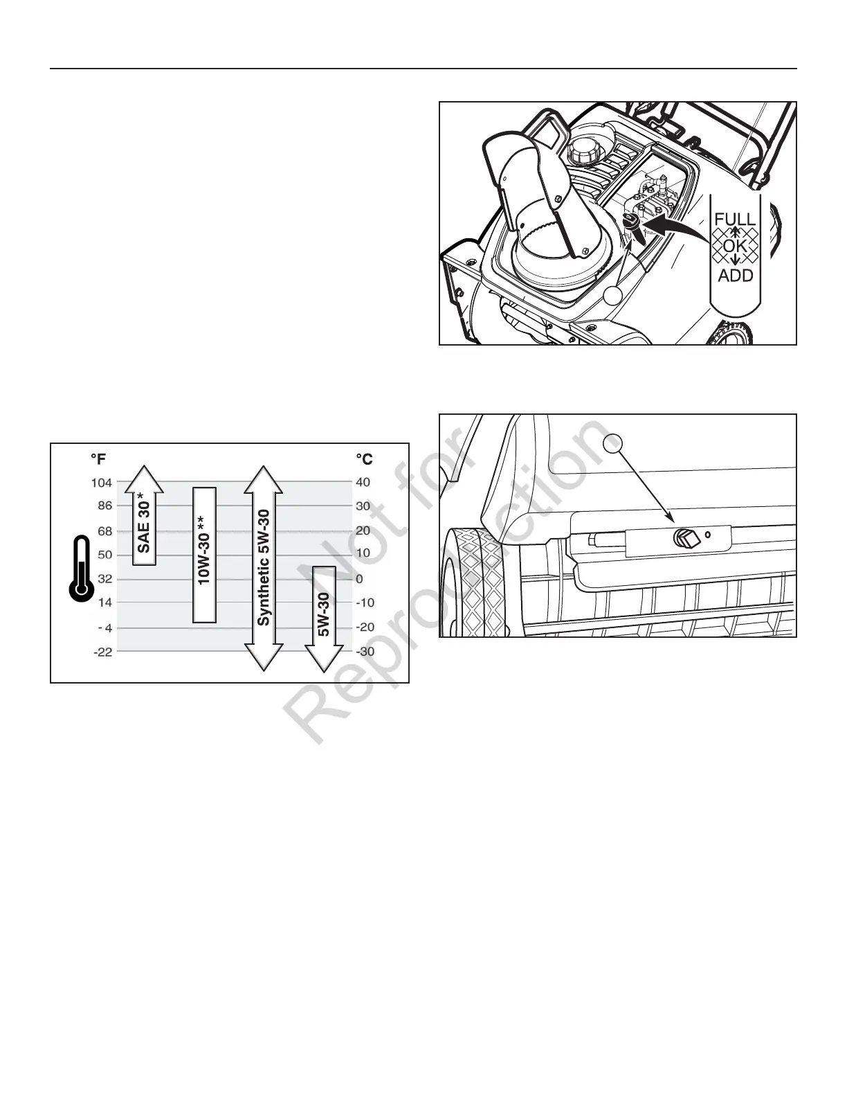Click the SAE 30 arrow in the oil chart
click(x=144, y=516)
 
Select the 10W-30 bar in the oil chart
click(x=204, y=555)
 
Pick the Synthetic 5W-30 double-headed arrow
click(x=263, y=568)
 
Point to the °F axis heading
click(x=98, y=459)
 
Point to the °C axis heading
click(x=364, y=459)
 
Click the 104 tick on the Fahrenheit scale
click(x=101, y=483)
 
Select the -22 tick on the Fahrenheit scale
click(x=102, y=652)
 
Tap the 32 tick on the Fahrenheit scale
click(x=104, y=578)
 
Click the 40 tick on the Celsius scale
click(x=363, y=483)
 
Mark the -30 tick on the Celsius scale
click(x=365, y=652)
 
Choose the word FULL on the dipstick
click(x=735, y=221)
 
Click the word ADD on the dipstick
click(x=735, y=276)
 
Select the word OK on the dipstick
click(x=735, y=246)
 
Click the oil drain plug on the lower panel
click(x=685, y=539)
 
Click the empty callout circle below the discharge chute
click(x=612, y=298)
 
